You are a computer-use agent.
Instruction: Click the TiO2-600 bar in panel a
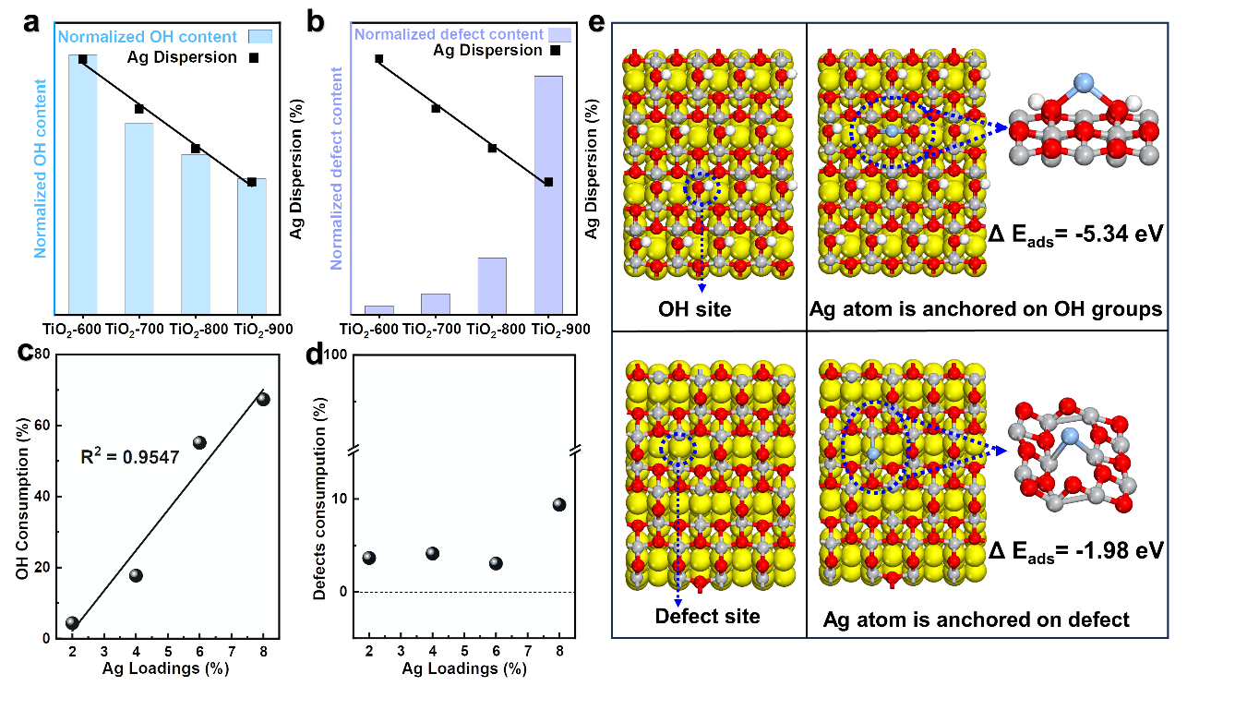[x=82, y=185]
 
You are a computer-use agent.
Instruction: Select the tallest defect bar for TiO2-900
[x=548, y=194]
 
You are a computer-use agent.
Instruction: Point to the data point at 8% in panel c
[x=263, y=399]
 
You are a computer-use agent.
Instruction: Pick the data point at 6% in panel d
[x=496, y=563]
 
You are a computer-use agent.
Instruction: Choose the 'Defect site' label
[x=707, y=616]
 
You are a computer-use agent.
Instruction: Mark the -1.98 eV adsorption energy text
[x=1074, y=552]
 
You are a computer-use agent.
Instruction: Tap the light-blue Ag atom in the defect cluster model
[x=1071, y=436]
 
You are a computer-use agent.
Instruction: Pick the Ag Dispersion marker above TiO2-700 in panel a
[x=139, y=109]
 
